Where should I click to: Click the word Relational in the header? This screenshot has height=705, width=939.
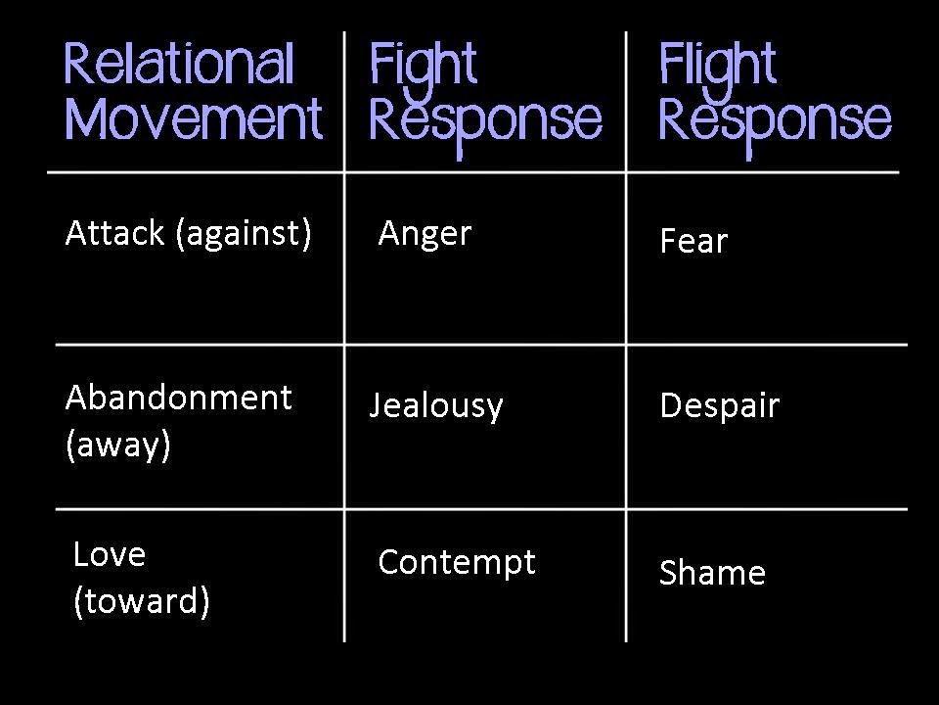tap(178, 64)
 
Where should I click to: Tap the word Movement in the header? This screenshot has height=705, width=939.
tap(194, 118)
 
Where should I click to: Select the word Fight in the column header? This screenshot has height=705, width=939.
tap(423, 70)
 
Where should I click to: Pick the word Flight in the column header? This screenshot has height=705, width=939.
tap(717, 70)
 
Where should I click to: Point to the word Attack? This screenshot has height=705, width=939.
tap(114, 233)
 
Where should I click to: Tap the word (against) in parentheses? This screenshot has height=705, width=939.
tap(244, 234)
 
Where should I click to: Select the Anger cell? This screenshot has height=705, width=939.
tap(425, 234)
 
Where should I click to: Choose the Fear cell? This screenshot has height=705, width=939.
tap(693, 241)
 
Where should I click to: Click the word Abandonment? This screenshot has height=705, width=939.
tap(178, 398)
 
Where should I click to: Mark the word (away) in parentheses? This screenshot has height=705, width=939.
tap(118, 446)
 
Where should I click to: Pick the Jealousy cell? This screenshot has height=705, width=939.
tap(436, 406)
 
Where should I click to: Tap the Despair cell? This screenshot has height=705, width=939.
tap(720, 406)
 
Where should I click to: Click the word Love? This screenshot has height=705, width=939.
tap(109, 554)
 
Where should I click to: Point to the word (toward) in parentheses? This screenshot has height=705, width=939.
tap(141, 601)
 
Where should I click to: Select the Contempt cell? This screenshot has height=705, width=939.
tap(457, 564)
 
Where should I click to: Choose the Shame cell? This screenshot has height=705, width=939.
tap(712, 572)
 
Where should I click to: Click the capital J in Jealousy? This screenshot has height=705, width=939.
tap(375, 404)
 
